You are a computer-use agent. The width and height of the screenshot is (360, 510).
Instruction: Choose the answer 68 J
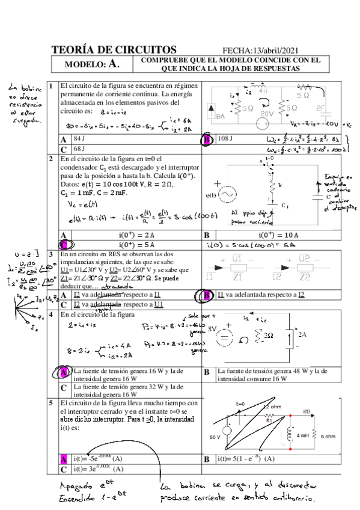(x=79, y=148)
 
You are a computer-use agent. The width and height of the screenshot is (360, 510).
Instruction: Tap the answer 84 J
(x=79, y=139)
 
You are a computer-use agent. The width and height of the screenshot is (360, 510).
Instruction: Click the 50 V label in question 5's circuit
(x=215, y=437)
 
